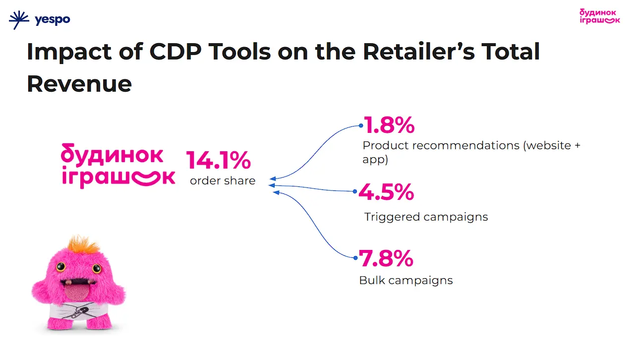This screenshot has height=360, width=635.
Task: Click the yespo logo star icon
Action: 19,20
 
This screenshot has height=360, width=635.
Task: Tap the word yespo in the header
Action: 53,20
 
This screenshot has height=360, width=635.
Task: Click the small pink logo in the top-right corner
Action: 599,15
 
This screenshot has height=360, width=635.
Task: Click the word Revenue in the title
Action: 79,84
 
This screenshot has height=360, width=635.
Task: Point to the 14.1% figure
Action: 219,160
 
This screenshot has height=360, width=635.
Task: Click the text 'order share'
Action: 223,181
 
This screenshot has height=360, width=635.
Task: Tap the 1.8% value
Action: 389,125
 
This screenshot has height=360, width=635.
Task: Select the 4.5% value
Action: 386,192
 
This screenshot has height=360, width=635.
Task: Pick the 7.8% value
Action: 386,258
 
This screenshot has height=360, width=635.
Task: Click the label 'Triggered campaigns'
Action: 426,217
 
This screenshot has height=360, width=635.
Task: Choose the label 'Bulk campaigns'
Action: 405,280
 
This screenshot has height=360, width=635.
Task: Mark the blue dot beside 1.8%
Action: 361,125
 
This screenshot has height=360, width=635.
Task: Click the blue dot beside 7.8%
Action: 355,258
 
